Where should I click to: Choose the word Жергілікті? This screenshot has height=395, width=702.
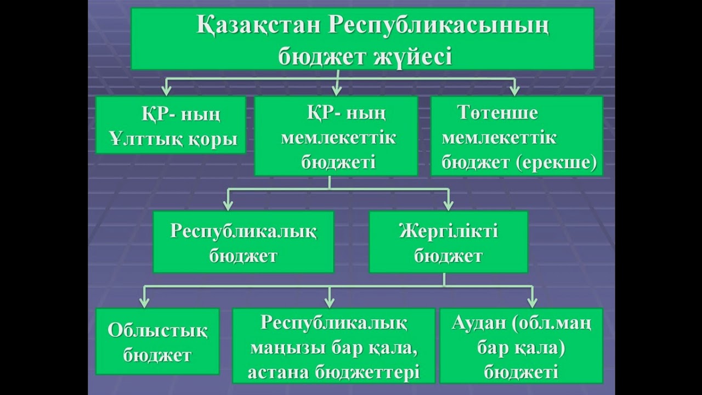pyautogui.click(x=449, y=231)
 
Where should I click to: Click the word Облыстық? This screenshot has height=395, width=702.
pyautogui.click(x=158, y=330)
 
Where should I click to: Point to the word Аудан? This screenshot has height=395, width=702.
pyautogui.click(x=478, y=323)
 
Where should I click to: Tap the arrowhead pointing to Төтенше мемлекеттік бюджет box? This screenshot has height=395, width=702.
pyautogui.click(x=514, y=90)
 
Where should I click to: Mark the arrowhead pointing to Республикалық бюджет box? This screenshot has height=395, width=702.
pyautogui.click(x=228, y=205)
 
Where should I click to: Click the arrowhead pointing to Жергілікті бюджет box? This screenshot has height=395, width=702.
pyautogui.click(x=448, y=205)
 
